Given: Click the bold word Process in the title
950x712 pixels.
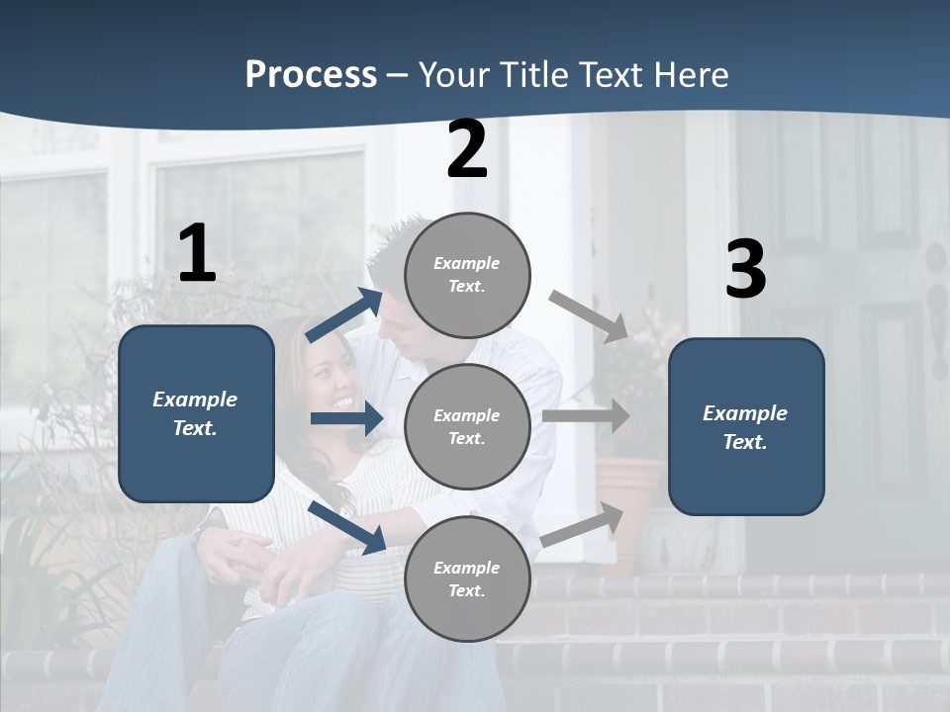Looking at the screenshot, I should tap(311, 75).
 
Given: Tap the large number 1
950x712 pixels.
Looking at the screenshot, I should tap(197, 254).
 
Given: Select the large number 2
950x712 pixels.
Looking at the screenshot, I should tap(467, 149).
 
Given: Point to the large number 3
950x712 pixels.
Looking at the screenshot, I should tap(745, 270).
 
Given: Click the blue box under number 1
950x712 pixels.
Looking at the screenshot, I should tap(196, 413).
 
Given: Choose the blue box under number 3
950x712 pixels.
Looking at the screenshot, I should tap(746, 427).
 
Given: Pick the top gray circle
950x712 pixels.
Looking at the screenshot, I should tap(467, 275).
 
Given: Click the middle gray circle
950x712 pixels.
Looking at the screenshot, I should tap(467, 426).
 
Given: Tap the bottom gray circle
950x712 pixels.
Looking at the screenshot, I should tap(467, 578).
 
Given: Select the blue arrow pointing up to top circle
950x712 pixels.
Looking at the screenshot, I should tap(344, 315).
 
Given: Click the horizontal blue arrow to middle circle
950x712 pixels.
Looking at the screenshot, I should tap(346, 418).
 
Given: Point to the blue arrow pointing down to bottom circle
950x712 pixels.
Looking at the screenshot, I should tap(346, 526).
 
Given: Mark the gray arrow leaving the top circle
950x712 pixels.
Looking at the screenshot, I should tap(588, 315).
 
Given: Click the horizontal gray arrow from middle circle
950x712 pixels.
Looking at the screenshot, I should tap(586, 416).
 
